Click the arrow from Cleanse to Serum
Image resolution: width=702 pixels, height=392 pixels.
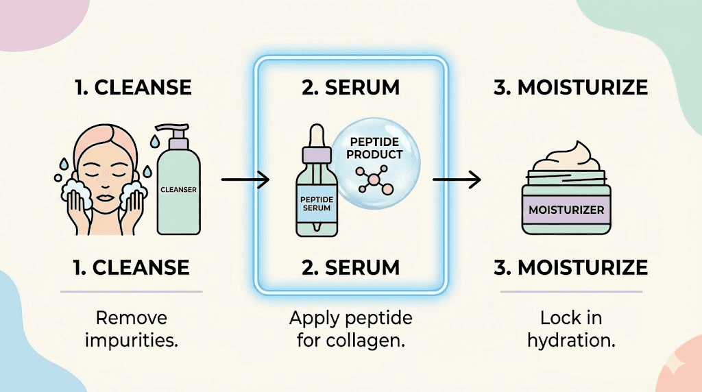coord(245,182)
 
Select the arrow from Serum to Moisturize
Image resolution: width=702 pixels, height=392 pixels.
coord(456,181)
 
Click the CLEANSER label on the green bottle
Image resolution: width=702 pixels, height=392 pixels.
coord(178,190)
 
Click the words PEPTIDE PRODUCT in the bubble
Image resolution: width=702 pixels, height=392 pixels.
coord(374,148)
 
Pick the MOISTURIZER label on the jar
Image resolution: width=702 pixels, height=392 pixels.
coord(566,209)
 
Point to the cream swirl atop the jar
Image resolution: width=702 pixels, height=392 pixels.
coord(566,156)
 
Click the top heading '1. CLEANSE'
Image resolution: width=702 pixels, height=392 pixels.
coord(133,88)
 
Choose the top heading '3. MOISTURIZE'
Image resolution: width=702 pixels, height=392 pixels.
coord(570,88)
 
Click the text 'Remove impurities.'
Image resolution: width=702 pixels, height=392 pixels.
coord(132,329)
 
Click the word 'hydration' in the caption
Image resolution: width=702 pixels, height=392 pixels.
coord(570,340)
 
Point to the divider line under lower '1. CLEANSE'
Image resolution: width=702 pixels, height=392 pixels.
coord(132,291)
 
